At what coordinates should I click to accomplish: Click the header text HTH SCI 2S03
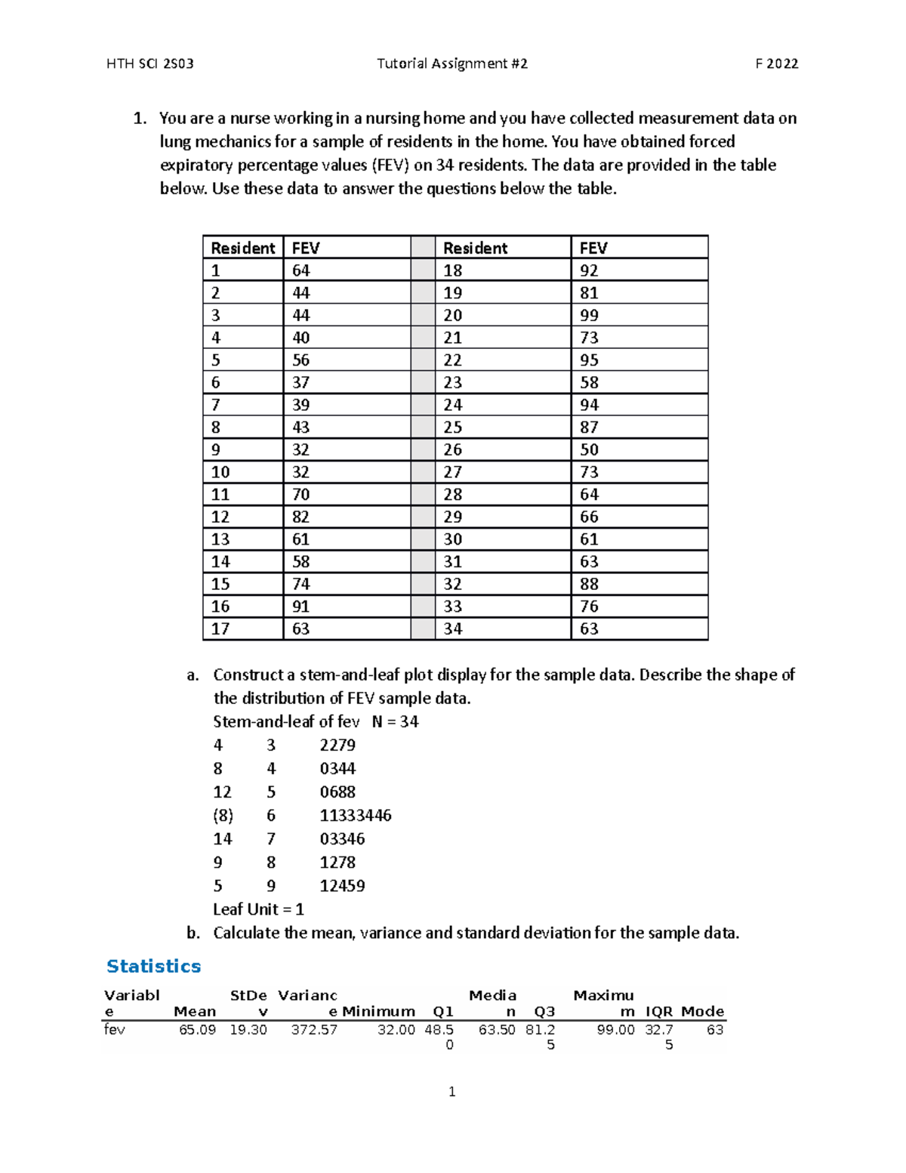tap(150, 64)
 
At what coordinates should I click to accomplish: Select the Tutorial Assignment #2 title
tap(451, 64)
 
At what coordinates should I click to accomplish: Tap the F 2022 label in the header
tap(776, 64)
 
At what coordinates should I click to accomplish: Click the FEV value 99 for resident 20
tap(589, 316)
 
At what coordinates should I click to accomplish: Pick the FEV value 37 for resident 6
tap(300, 383)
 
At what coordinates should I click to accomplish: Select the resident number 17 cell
tap(220, 629)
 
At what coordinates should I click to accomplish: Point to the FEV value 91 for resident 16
tap(300, 607)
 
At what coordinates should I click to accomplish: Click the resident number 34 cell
tap(452, 629)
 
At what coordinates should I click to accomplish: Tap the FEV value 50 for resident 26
tap(589, 450)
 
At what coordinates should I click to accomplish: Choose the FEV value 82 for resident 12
tap(300, 517)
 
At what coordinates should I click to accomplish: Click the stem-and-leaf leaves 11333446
tap(356, 816)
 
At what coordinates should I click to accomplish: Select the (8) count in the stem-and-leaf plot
tap(223, 816)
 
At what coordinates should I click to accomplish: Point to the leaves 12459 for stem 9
tap(342, 886)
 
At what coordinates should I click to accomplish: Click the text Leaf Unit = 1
tap(258, 909)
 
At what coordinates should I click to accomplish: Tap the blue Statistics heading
tap(154, 967)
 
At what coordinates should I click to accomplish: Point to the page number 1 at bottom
tap(451, 1092)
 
